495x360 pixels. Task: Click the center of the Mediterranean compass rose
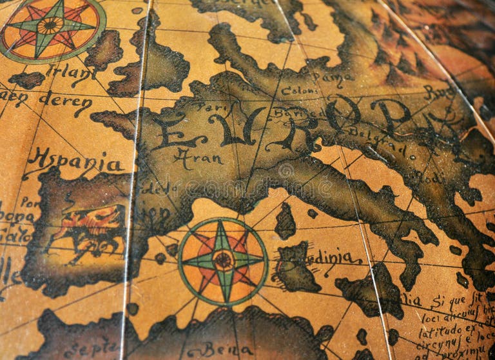(223, 260)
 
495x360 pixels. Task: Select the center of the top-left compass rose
(50, 26)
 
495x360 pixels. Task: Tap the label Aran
(198, 157)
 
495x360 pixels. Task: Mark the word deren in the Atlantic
(64, 102)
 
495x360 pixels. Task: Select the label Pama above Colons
(333, 77)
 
